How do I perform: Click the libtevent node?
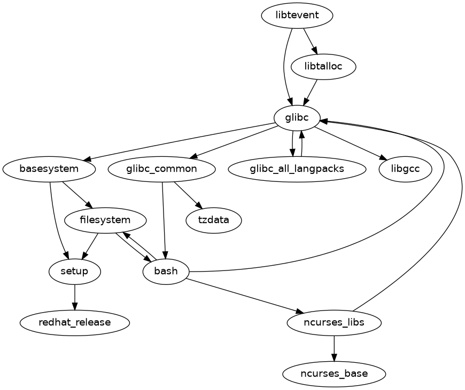(297, 15)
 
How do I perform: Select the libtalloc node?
(323, 67)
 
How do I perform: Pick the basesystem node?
(49, 169)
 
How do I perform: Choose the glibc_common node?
(161, 169)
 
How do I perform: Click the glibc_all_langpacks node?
(297, 169)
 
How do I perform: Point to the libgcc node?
(405, 169)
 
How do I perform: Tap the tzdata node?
(214, 220)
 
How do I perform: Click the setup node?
(74, 272)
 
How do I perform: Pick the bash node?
(166, 272)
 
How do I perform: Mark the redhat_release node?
(74, 323)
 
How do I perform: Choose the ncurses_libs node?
(334, 323)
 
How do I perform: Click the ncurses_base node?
(334, 373)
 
